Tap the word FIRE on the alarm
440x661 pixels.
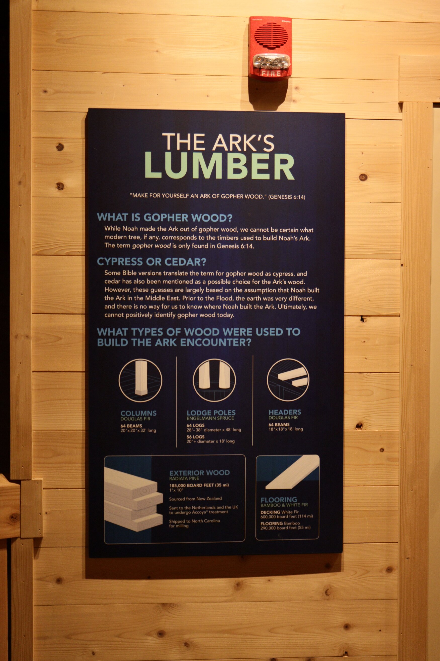271,73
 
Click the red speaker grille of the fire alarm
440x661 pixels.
271,35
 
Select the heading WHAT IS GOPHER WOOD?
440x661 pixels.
165,217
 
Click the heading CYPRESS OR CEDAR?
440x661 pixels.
152,262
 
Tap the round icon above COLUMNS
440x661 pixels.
140,380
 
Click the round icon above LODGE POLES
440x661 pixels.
214,380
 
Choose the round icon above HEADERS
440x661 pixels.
288,379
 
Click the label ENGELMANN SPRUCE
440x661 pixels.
210,418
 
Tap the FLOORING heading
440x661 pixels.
279,500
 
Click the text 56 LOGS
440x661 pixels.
196,437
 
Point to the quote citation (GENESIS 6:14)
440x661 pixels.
287,197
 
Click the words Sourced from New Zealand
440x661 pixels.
195,499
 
